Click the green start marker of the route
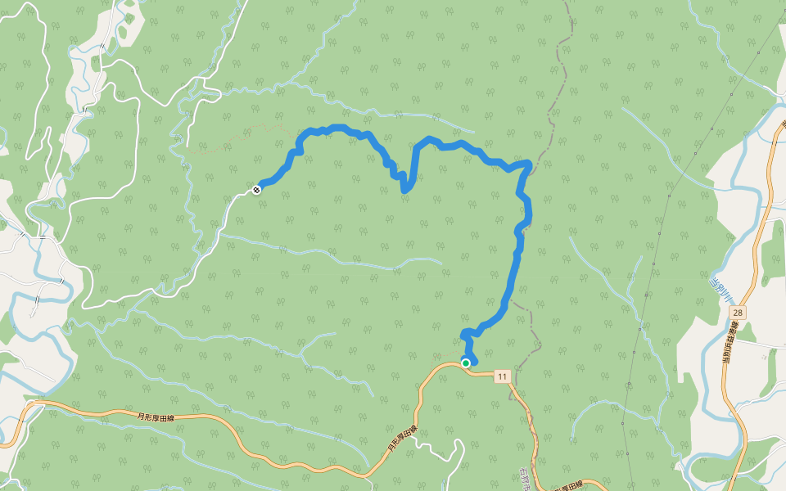point(466,363)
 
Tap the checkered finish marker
point(257,190)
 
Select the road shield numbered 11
point(501,376)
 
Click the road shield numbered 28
point(739,313)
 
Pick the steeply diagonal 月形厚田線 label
point(402,439)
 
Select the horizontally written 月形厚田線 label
point(160,417)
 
